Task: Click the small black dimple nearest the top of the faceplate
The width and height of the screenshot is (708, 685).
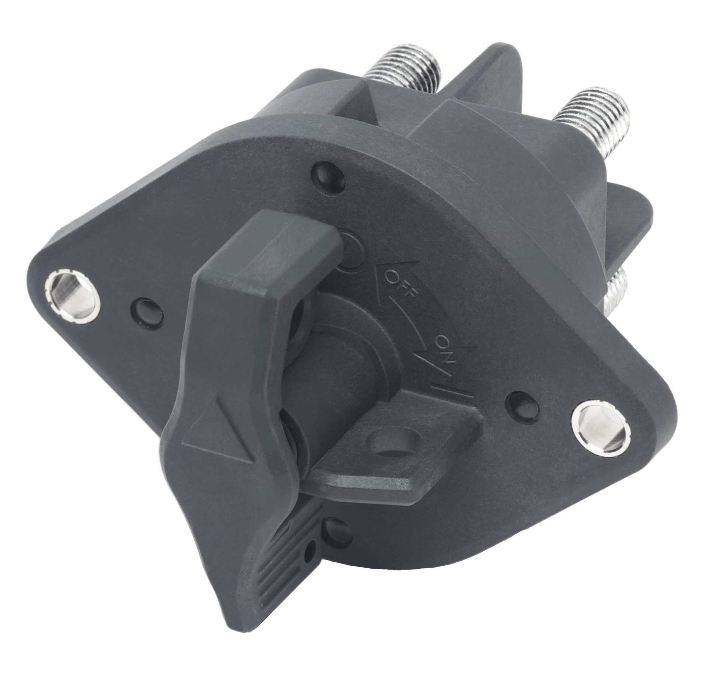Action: (328, 173)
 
